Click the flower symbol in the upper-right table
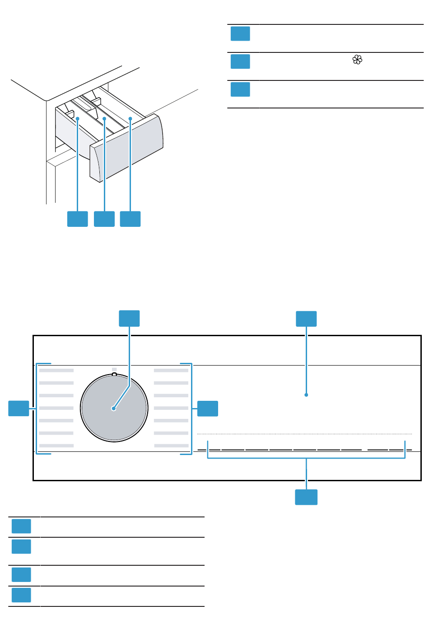tap(357, 60)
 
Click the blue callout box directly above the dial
tap(129, 318)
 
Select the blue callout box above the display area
tap(306, 319)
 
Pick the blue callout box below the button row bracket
tap(306, 497)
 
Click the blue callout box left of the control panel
tap(19, 408)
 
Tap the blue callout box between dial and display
tap(207, 408)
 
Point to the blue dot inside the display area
tap(306, 395)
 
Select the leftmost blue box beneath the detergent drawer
tap(77, 219)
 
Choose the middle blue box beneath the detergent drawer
tap(104, 219)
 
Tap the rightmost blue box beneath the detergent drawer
tap(131, 219)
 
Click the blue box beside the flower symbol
tap(240, 61)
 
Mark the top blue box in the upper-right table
tap(240, 34)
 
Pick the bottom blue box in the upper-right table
tap(240, 89)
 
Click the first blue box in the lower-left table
tap(21, 526)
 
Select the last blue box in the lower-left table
tap(21, 595)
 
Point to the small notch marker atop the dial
tap(114, 374)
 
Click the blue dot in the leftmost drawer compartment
tap(78, 118)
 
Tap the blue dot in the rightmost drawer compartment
tap(131, 118)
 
